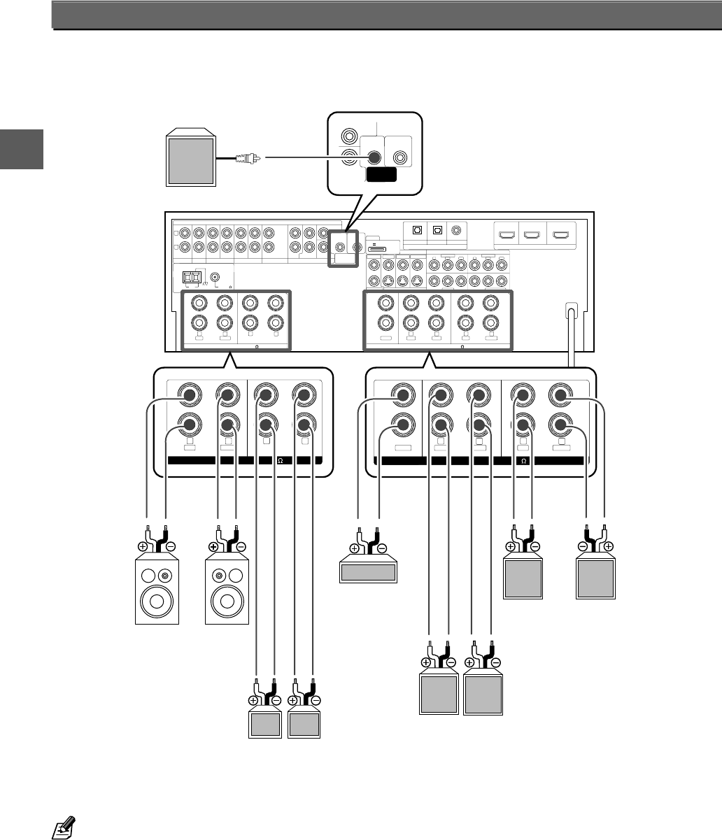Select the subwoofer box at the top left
(x=189, y=158)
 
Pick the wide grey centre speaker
(x=368, y=573)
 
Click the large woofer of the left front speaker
(x=157, y=601)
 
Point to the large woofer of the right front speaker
(x=227, y=601)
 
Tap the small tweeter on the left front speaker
(x=165, y=576)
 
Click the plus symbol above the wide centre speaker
(x=355, y=549)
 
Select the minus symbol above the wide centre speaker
(x=382, y=549)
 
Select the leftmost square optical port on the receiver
(x=417, y=229)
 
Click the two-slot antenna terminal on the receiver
(x=192, y=277)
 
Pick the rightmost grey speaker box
(x=595, y=578)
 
